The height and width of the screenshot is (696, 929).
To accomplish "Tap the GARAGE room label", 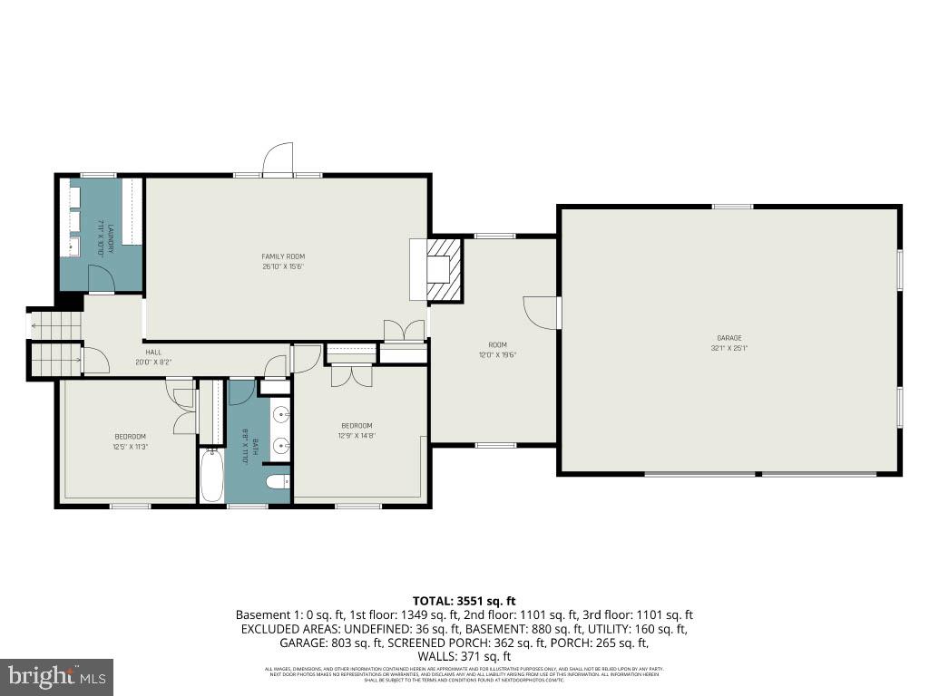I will pos(729,338).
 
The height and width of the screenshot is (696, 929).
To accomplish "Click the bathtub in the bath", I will pos(211,476).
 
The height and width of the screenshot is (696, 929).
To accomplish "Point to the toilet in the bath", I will pos(277,481).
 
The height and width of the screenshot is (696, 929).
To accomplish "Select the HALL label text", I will pos(153,352).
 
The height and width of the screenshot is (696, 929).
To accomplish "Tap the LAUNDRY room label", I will pos(110,237).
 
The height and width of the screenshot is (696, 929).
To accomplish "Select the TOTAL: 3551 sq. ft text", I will pos(464,600).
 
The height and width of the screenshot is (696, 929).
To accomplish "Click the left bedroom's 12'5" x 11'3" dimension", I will pos(130,446).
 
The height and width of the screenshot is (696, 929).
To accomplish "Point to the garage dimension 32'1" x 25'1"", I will pos(729,348).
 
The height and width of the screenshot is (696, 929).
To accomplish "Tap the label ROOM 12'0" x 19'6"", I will pos(497,350).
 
